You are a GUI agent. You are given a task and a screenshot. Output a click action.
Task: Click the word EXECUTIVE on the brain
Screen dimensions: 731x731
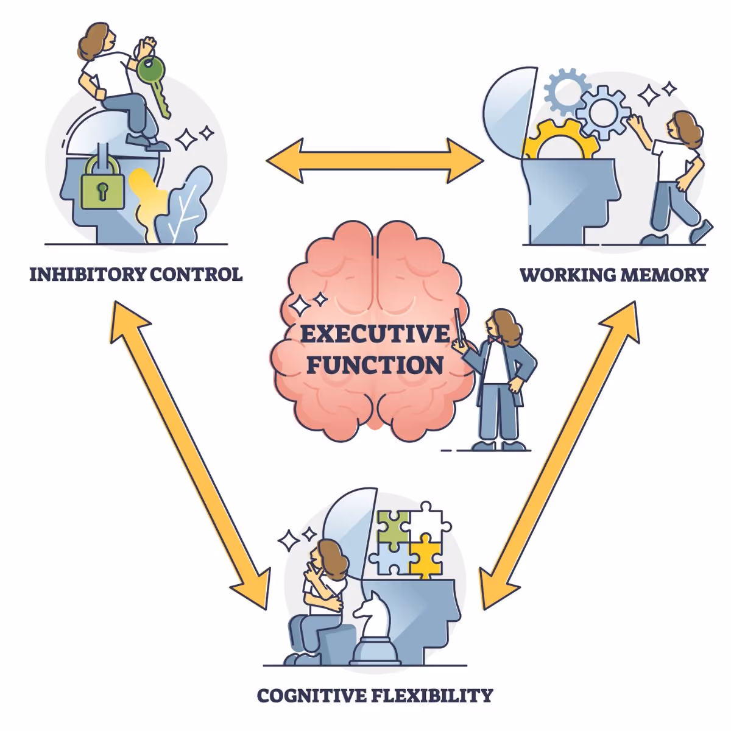pos(374,334)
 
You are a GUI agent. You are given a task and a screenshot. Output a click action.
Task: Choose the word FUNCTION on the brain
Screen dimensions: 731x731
pos(374,365)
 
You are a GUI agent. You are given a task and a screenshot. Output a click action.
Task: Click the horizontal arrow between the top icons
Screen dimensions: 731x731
pos(375,161)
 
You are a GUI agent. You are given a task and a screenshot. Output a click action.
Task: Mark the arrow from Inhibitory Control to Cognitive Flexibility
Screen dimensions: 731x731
pos(189,454)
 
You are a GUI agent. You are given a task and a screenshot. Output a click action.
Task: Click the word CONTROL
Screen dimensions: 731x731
pos(196,274)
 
